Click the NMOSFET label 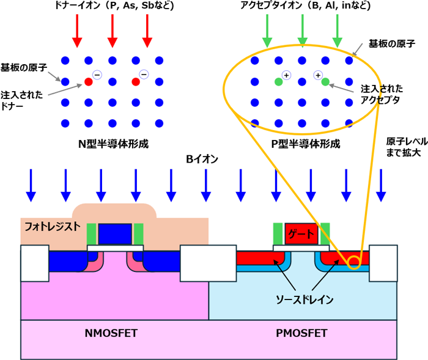click(x=111, y=333)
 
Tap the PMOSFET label click(x=301, y=333)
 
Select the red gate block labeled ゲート click(x=301, y=234)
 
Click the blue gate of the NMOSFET click(x=115, y=234)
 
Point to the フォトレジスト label click(x=53, y=227)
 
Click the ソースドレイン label click(x=304, y=299)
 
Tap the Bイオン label click(x=202, y=159)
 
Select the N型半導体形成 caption click(x=113, y=144)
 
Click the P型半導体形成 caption click(x=306, y=144)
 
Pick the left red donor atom click(x=89, y=82)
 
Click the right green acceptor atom click(x=325, y=82)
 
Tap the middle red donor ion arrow click(x=112, y=31)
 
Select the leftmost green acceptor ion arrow click(x=267, y=31)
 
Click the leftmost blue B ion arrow click(x=31, y=186)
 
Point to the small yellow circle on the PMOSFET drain click(x=354, y=263)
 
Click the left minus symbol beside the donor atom click(x=97, y=75)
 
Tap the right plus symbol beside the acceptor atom click(x=318, y=75)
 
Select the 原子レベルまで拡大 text click(x=407, y=147)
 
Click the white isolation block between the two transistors click(x=208, y=263)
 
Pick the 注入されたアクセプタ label click(x=382, y=95)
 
